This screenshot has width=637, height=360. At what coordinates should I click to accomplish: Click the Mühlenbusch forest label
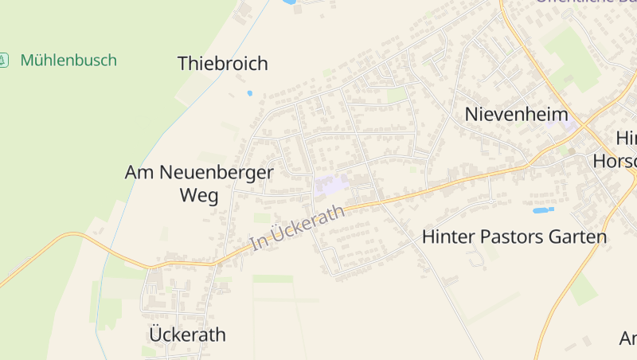68,60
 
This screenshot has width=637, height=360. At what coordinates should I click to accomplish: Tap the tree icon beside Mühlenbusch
4,60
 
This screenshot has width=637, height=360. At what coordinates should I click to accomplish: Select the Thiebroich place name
223,64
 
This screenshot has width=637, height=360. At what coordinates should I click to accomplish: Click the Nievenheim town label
516,114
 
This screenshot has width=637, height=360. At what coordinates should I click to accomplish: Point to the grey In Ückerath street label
298,228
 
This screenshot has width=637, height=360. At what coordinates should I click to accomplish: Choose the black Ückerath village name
188,334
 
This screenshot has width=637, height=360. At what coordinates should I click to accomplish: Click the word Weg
199,196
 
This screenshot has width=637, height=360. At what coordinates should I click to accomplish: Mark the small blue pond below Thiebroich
249,93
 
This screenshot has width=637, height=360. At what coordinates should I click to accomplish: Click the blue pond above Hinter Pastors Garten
543,210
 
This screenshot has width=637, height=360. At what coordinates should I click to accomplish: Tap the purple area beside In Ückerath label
330,186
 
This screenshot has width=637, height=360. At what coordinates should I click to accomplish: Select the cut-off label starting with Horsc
615,161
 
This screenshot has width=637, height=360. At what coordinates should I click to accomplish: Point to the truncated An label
628,338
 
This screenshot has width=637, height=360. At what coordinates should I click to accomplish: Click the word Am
140,171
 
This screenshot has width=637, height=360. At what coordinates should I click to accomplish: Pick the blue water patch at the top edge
288,2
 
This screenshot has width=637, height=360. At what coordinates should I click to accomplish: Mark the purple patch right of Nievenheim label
569,124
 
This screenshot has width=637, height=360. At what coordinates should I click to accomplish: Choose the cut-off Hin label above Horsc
626,137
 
